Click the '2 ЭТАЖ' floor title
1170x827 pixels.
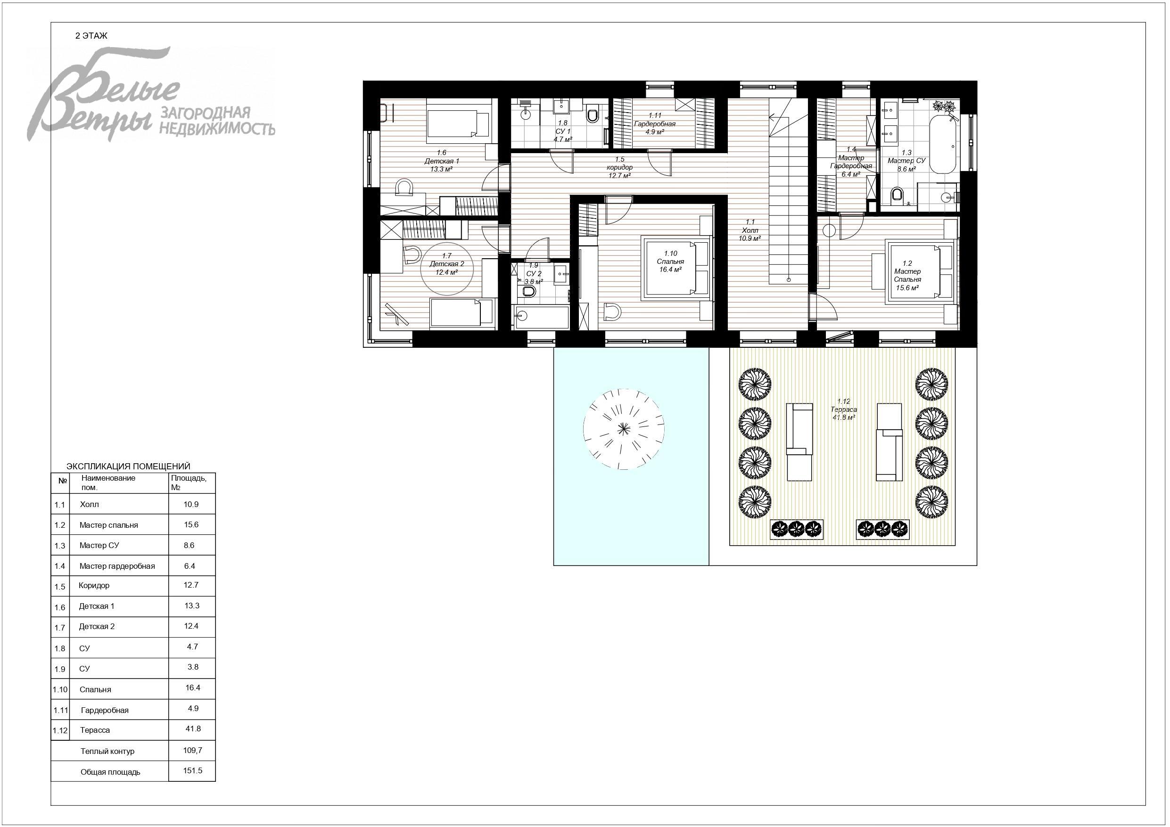point(91,36)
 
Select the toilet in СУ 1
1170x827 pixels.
point(592,115)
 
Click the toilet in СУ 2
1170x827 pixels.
point(527,292)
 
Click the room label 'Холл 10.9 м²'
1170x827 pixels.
point(750,230)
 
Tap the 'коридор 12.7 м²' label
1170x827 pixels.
point(620,168)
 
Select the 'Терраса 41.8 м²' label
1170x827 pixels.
point(843,409)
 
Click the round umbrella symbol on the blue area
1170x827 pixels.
point(623,428)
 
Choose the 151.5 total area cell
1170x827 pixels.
point(193,770)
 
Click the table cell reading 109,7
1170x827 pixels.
point(193,750)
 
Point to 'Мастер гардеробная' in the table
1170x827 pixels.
point(117,566)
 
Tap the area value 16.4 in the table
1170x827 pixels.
point(193,688)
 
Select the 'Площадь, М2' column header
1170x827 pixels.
point(189,483)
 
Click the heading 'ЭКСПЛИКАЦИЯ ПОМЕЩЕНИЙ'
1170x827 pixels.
point(128,466)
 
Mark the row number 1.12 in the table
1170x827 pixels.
point(60,731)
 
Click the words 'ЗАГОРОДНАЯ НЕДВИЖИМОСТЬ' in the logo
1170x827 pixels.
point(218,121)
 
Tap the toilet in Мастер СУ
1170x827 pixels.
point(898,194)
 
